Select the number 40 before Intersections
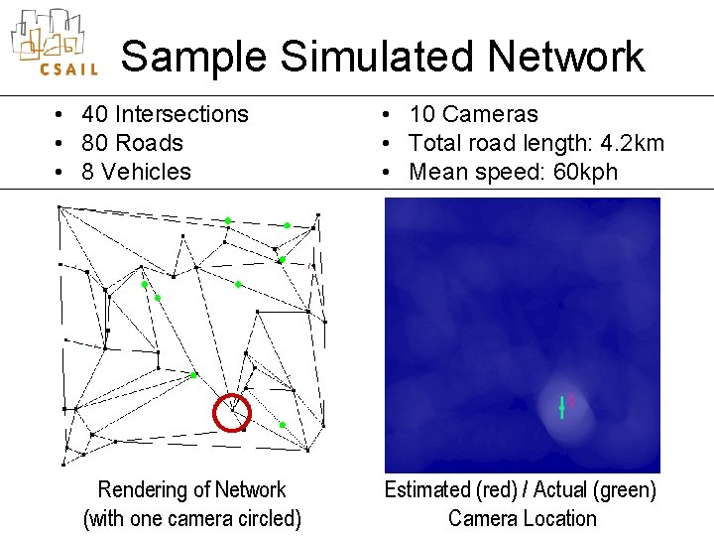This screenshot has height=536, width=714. (95, 115)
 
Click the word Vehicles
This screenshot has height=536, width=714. (151, 172)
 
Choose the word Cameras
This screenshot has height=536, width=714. (492, 115)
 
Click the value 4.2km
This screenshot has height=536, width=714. (628, 143)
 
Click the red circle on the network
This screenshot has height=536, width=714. (233, 412)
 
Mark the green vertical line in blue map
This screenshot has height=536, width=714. (562, 406)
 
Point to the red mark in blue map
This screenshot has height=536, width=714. (572, 401)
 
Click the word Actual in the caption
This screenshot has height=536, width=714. (569, 489)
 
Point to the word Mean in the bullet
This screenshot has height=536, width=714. (437, 172)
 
